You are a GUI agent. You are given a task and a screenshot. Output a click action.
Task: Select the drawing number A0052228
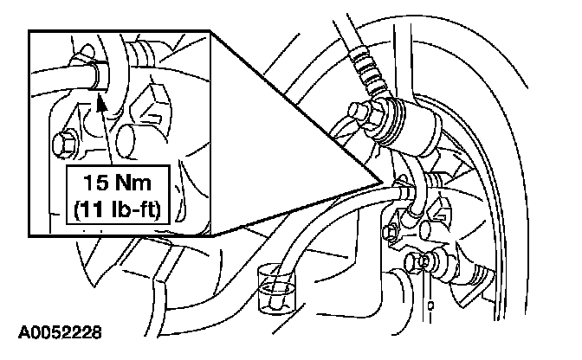[x=61, y=331]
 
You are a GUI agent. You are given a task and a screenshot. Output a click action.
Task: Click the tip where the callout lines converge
[x=382, y=181]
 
